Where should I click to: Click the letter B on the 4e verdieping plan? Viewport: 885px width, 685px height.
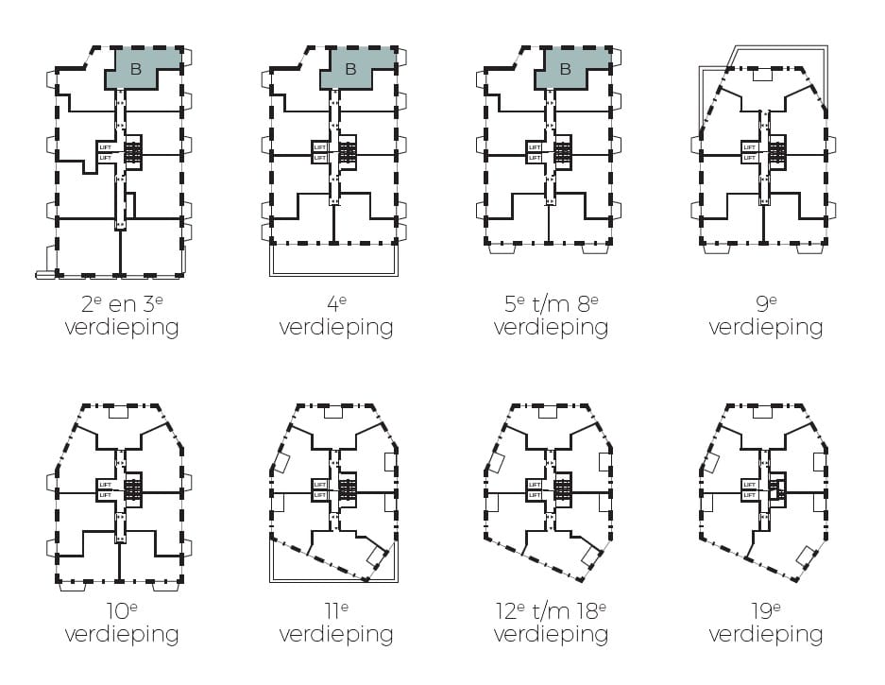coord(350,69)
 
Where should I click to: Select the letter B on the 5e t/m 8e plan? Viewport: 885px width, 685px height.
coord(566,69)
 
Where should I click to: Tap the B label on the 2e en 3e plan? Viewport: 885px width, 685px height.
coord(135,69)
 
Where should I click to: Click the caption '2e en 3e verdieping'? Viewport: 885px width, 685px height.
coord(122,316)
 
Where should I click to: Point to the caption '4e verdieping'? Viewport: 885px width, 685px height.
coord(336,316)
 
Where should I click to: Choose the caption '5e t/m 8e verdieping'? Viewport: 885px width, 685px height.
coord(551,316)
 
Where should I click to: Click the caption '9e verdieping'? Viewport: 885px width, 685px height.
coord(766,316)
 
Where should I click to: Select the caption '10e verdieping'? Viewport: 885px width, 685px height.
coord(122,622)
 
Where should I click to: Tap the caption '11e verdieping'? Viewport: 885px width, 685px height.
coord(336,622)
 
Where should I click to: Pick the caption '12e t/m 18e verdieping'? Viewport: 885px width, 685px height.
coord(551,622)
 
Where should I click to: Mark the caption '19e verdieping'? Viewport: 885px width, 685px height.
coord(766,622)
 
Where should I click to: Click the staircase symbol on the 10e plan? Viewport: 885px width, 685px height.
coord(133,489)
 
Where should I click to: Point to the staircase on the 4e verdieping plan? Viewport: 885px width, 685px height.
coord(348,152)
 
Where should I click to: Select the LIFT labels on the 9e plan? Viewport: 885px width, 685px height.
coord(749,152)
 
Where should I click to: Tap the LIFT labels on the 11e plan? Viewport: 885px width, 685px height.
coord(320,489)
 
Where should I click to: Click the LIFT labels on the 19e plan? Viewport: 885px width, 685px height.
coord(749,489)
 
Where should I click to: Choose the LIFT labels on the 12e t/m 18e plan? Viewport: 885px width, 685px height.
coord(535,489)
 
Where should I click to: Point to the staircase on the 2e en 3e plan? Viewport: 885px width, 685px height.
coord(133,152)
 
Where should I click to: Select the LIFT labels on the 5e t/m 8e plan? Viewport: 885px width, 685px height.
coord(535,152)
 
